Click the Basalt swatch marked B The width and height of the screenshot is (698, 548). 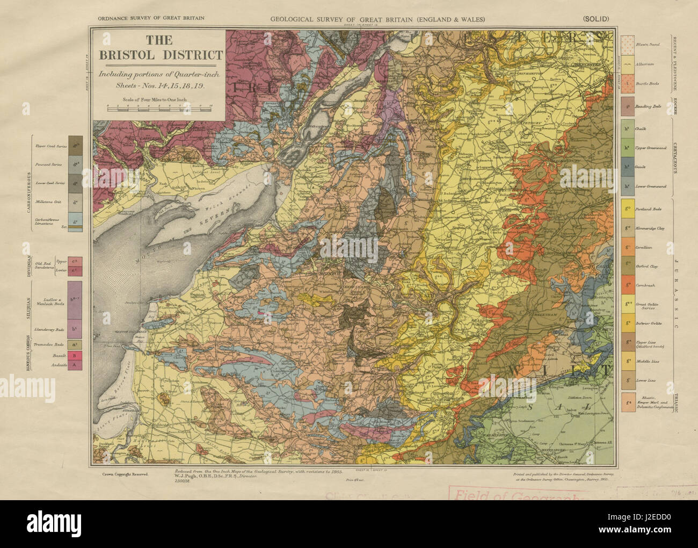(x=75, y=355)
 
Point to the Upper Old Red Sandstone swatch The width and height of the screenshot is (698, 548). (x=75, y=261)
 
